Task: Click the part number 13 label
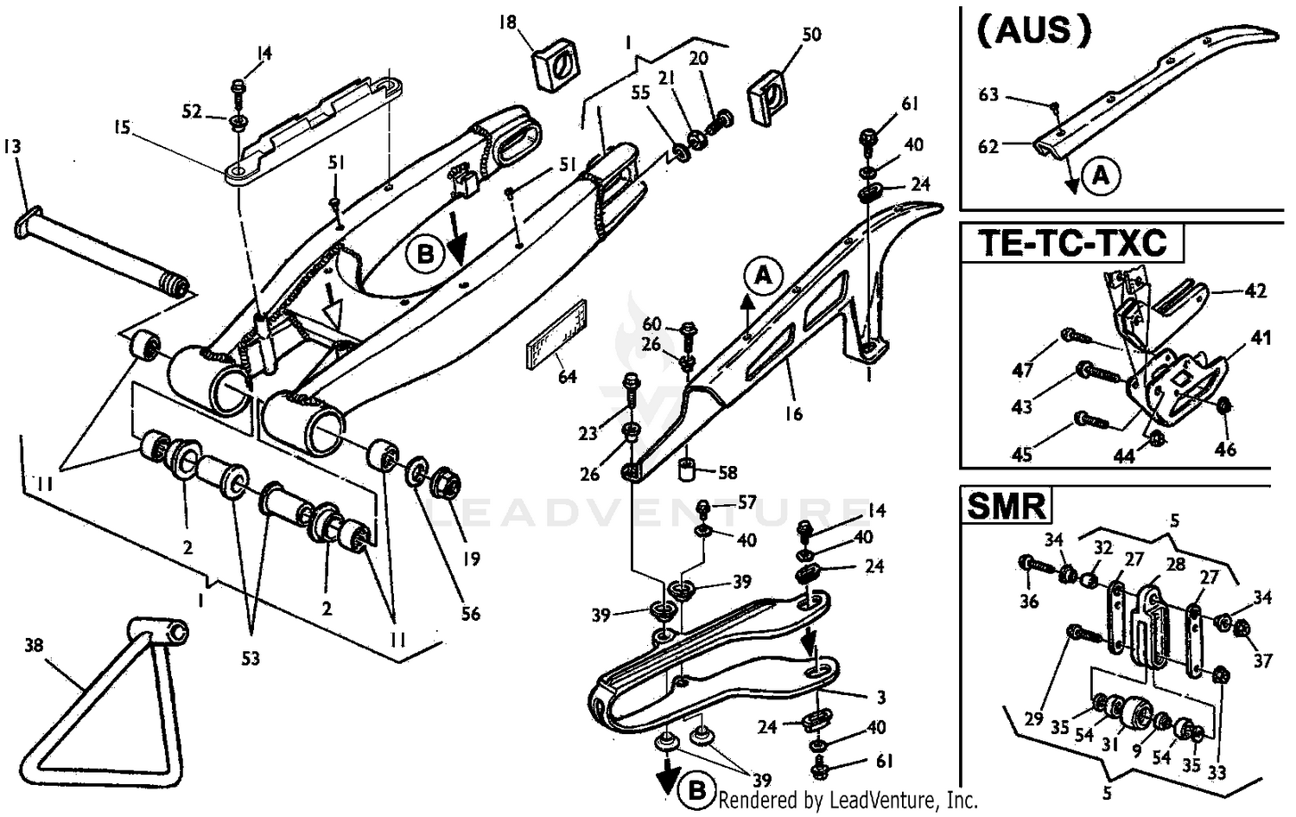[12, 148]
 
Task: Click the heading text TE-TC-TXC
[1071, 243]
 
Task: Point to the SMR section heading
[1007, 505]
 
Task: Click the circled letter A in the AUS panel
[1101, 176]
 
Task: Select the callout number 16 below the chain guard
[792, 414]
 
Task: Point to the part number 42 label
[1256, 290]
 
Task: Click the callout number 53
[250, 659]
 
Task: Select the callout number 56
[470, 614]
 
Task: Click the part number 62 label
[988, 147]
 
